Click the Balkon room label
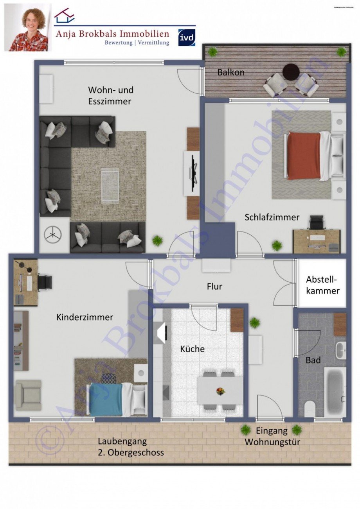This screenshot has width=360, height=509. point(231,72)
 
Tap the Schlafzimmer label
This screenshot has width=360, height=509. point(272,217)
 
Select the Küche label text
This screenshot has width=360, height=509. point(192,349)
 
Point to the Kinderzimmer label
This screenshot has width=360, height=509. point(85,317)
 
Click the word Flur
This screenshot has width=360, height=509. point(214,287)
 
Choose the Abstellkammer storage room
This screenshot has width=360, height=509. point(322,285)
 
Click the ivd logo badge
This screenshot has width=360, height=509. point(187,38)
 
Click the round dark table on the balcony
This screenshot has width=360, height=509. point(291,72)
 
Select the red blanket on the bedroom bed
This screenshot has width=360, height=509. point(304,156)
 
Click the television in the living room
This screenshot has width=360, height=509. point(193,173)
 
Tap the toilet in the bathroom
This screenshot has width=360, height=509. point(310,409)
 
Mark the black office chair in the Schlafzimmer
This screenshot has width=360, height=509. point(315,223)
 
